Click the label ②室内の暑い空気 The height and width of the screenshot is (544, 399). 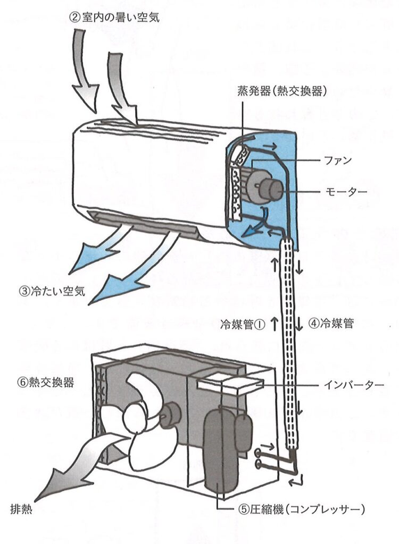pos(114,18)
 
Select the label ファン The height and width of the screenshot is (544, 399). pos(338,160)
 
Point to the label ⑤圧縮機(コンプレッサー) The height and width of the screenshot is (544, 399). pos(302,509)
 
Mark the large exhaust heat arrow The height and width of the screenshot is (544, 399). pos(69,467)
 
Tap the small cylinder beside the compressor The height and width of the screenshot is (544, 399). pos(243,430)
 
